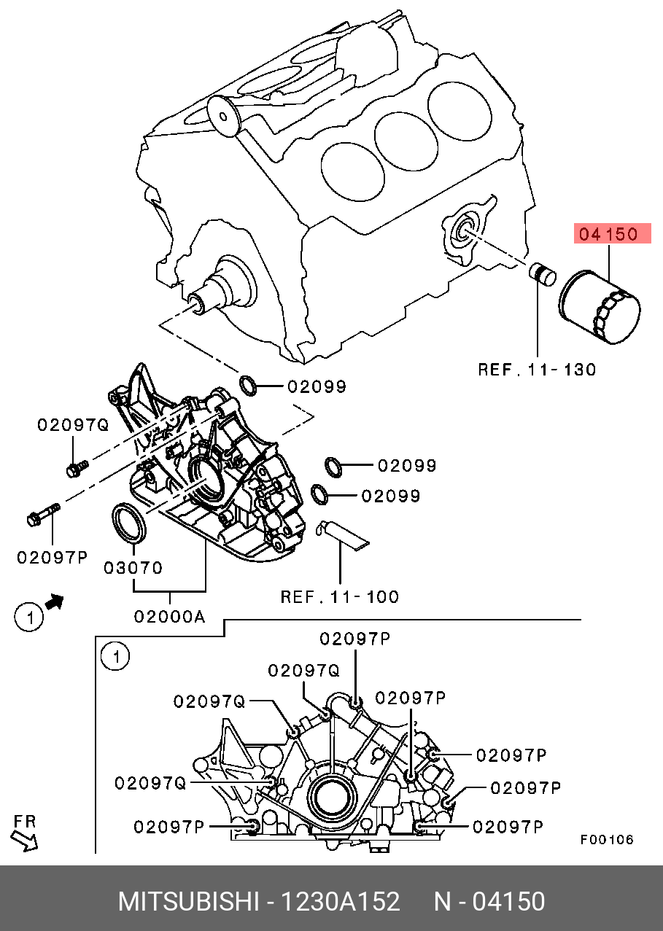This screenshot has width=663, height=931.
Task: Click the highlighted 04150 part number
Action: tap(609, 234)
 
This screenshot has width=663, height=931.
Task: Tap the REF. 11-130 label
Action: tap(537, 370)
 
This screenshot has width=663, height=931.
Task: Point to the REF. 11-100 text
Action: tap(340, 597)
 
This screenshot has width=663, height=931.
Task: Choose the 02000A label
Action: tap(168, 617)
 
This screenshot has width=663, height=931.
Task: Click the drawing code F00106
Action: tap(607, 839)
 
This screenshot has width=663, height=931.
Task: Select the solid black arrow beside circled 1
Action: tap(54, 602)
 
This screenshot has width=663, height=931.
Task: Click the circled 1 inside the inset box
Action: tap(115, 656)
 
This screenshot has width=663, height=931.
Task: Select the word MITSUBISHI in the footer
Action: tap(188, 902)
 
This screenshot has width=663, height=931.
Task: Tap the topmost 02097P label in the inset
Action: tap(354, 639)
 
